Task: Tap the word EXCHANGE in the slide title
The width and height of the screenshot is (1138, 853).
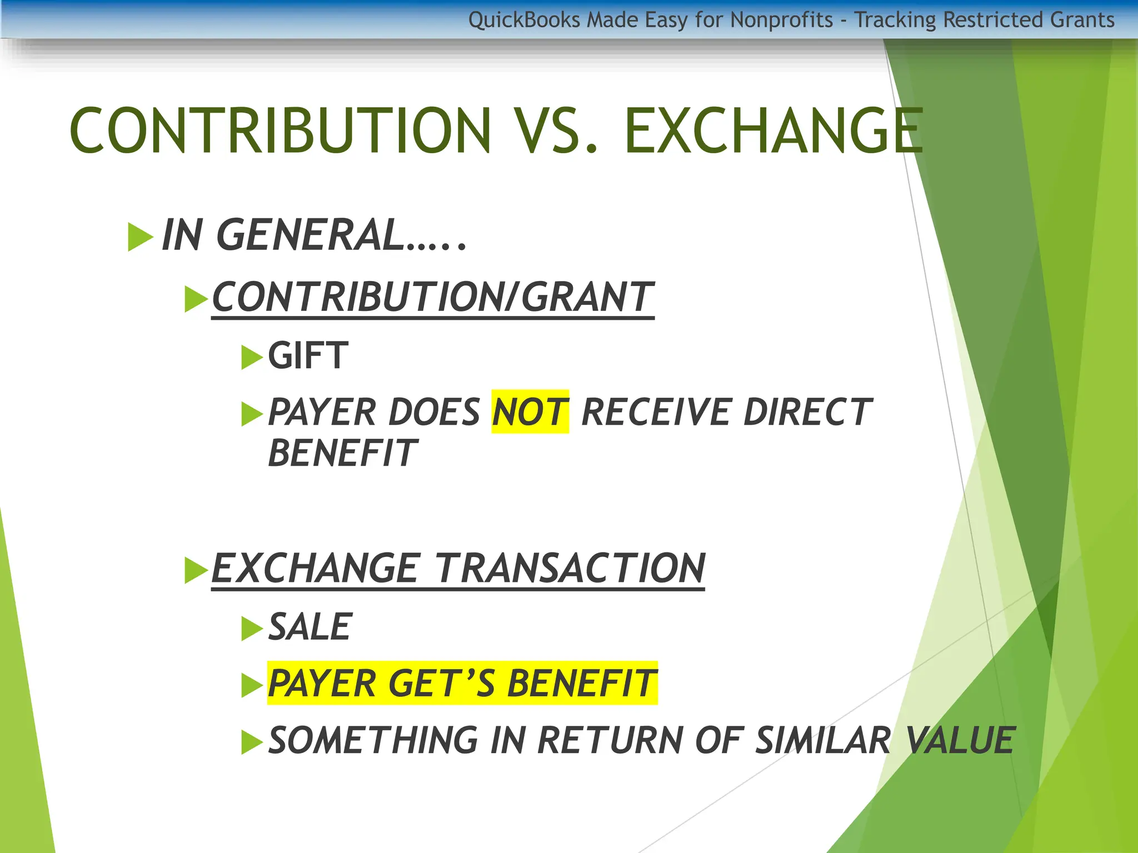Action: (773, 131)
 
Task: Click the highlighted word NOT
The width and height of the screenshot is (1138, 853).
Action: (530, 412)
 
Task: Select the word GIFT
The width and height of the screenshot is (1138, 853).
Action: (308, 355)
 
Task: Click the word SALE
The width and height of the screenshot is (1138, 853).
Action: (310, 627)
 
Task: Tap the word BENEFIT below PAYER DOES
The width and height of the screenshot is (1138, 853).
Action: (342, 453)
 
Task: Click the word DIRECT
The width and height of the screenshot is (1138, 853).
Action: (807, 412)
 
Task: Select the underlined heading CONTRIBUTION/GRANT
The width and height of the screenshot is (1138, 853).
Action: (433, 297)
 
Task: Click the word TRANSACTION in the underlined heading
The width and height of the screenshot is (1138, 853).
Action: (570, 569)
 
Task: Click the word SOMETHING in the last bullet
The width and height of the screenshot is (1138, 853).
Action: (372, 741)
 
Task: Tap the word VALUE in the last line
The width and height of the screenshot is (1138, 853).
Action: (960, 741)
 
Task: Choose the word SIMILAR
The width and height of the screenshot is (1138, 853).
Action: (823, 741)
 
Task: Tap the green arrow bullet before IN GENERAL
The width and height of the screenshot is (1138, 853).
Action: (140, 237)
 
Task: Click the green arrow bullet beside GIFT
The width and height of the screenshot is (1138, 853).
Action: (252, 357)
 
